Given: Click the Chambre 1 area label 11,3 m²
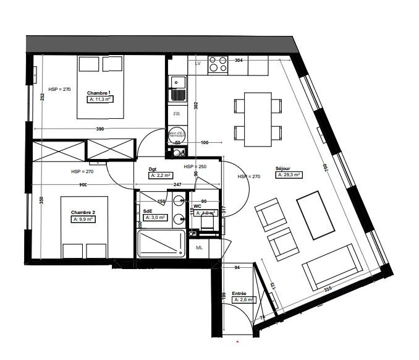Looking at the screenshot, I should point(101,99).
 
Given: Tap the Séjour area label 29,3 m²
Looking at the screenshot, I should point(289,175).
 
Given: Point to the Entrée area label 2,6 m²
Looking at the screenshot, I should point(243,300).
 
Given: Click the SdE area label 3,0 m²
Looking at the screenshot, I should point(155,218).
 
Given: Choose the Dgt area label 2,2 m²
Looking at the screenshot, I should point(161,176).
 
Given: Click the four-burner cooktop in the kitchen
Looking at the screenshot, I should point(218,64).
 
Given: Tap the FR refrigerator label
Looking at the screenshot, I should point(177,114).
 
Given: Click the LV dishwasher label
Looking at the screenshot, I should point(198,64).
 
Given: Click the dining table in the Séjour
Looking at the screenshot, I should point(259,119).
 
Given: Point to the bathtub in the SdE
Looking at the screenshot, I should point(161,244).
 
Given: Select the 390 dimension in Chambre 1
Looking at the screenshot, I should point(99,129).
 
